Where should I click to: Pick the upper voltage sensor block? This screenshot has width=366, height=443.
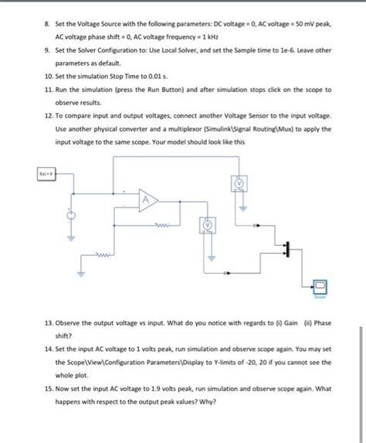(239, 182)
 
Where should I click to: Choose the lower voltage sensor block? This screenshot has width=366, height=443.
(208, 224)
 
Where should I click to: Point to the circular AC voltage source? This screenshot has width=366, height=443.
(73, 216)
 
